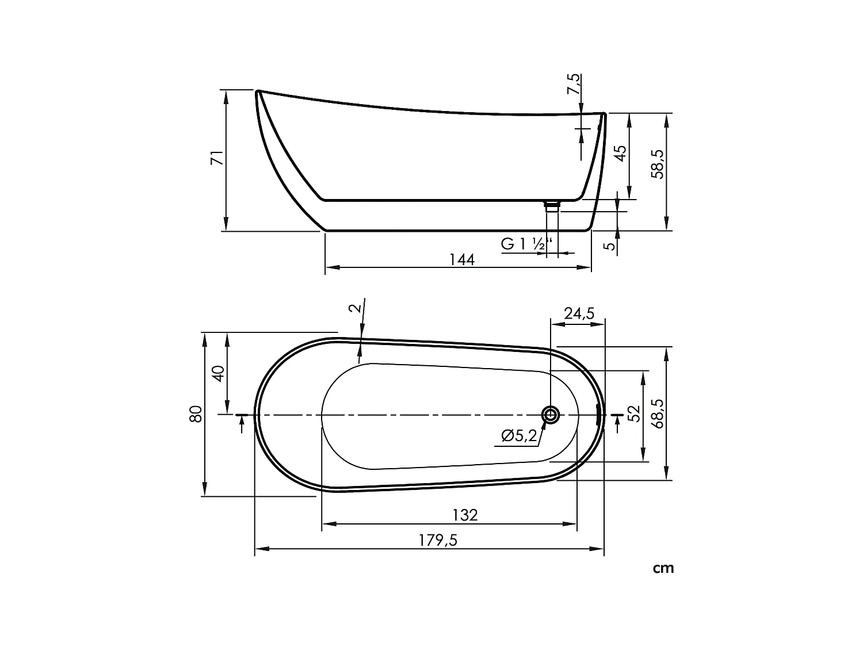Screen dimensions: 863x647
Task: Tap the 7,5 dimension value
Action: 574,83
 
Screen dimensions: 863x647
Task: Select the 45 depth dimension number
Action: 620,153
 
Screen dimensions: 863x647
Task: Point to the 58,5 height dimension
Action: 657,164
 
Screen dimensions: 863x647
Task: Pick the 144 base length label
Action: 462,259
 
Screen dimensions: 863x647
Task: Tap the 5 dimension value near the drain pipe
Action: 609,246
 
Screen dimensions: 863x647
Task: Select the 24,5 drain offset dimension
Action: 579,313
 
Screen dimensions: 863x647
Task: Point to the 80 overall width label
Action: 196,414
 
